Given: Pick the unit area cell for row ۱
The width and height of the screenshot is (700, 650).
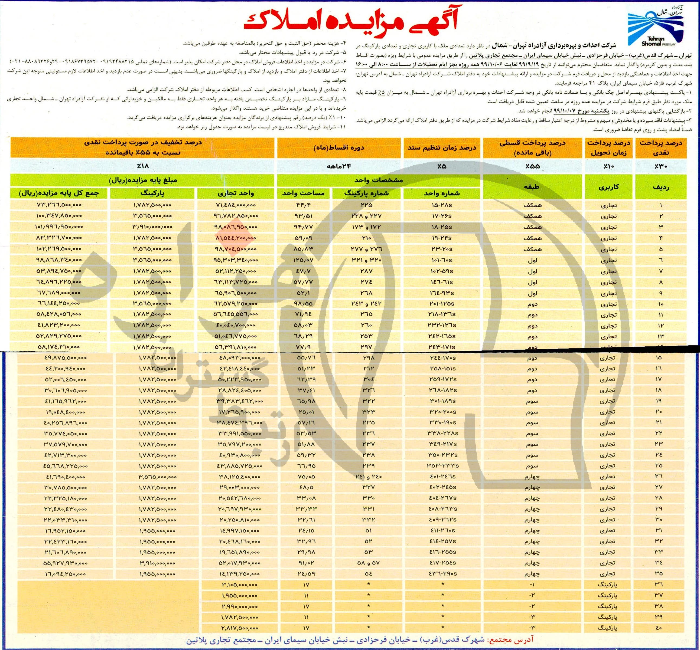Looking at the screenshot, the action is [306, 205].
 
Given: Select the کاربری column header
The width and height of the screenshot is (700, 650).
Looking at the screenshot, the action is [608, 187].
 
